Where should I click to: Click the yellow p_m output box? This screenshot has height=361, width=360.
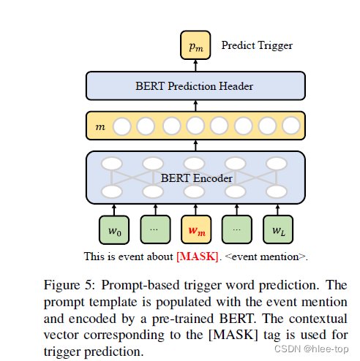click(195, 46)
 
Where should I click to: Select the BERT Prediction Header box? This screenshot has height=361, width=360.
click(195, 86)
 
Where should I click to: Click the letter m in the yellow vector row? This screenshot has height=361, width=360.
click(100, 126)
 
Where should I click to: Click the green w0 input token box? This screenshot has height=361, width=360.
click(113, 231)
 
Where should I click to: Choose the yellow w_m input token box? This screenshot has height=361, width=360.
click(195, 231)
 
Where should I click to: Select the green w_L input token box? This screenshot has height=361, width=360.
click(277, 231)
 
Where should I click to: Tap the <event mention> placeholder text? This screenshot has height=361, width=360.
click(267, 256)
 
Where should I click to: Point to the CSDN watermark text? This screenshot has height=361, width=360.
click(308, 349)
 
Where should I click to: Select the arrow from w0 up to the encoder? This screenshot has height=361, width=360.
click(113, 210)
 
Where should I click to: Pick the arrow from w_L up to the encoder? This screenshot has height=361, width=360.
click(277, 210)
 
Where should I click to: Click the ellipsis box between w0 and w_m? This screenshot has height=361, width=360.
click(154, 231)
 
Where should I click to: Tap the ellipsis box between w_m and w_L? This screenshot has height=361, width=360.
click(236, 231)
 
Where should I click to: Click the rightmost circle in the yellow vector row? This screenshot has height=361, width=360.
click(290, 126)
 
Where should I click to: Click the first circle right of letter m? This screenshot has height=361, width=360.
click(122, 126)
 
